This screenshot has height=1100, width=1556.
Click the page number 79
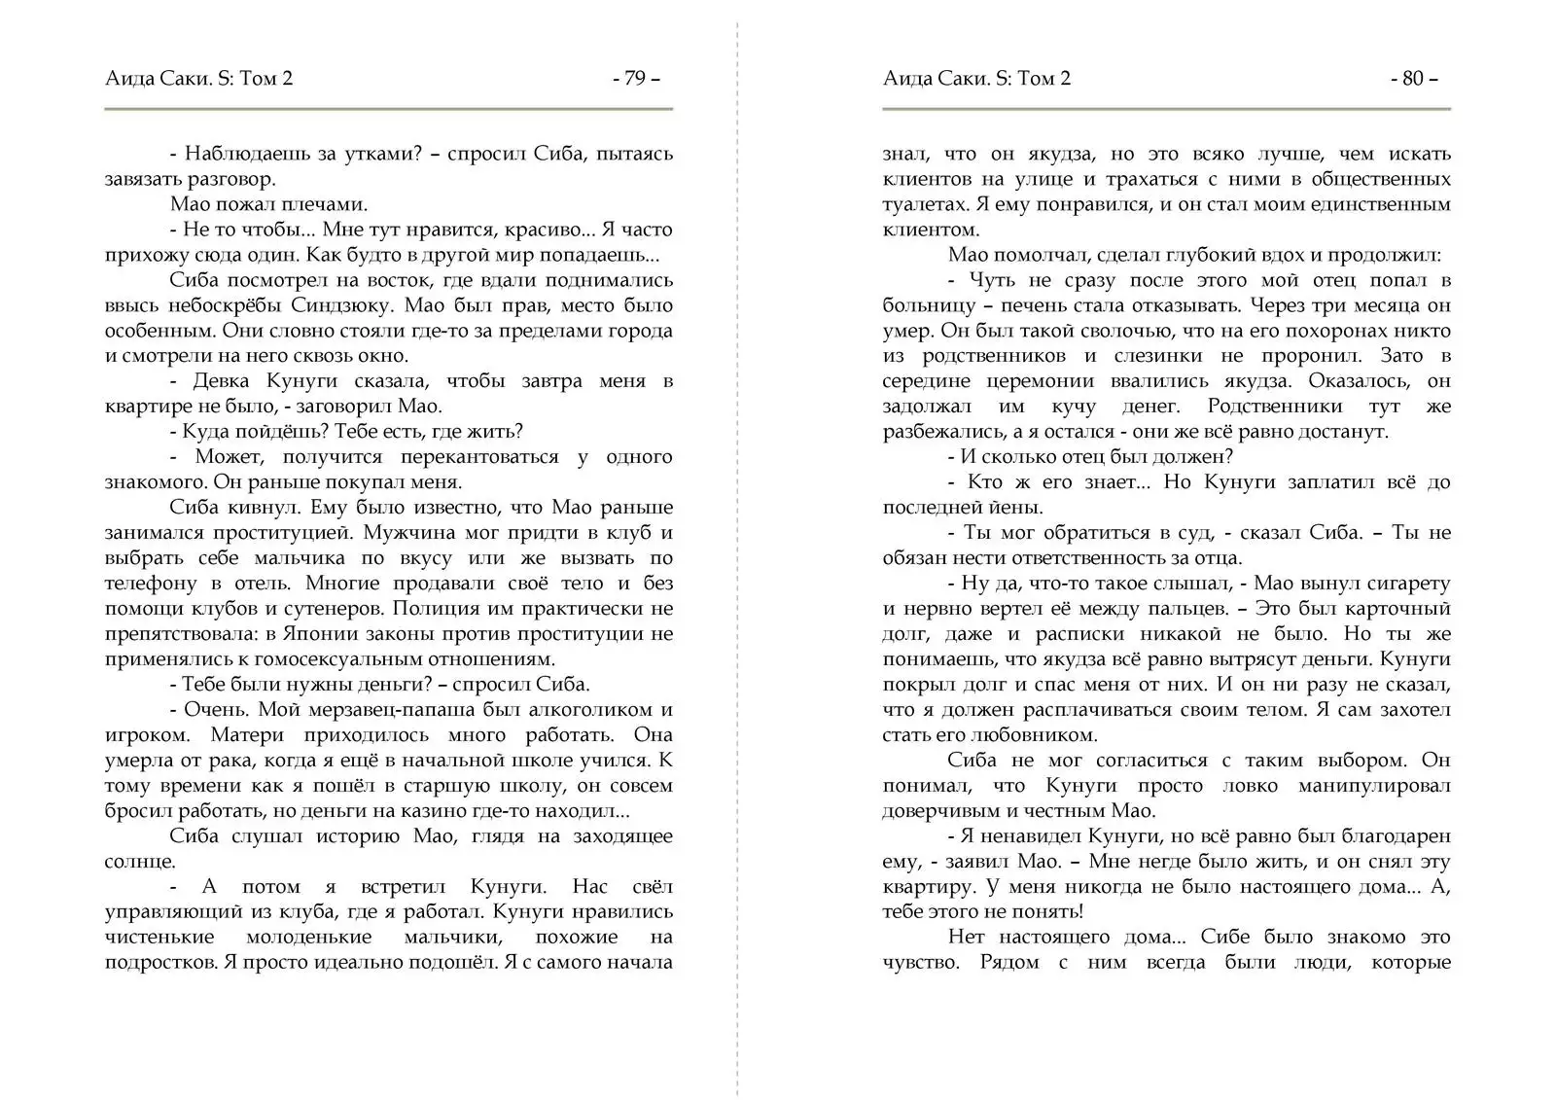(x=635, y=79)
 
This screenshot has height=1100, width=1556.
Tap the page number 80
(x=1413, y=79)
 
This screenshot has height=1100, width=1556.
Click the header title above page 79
(x=198, y=79)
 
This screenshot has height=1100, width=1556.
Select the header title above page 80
(x=976, y=79)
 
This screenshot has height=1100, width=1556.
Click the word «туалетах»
(x=923, y=204)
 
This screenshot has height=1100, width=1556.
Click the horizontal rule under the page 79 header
(x=389, y=109)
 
